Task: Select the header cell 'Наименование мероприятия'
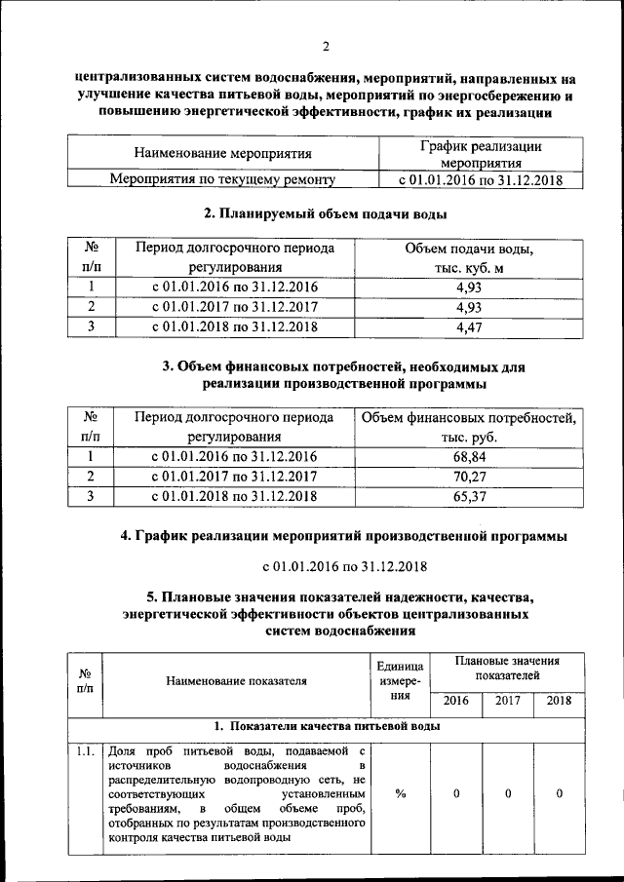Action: (x=222, y=153)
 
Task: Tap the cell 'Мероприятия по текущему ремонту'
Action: (x=222, y=180)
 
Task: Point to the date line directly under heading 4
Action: (x=333, y=566)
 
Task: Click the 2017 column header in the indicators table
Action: (x=508, y=701)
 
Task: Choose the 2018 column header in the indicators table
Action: (x=560, y=701)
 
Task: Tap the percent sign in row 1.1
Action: (x=401, y=792)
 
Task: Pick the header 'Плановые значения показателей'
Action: (x=507, y=669)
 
